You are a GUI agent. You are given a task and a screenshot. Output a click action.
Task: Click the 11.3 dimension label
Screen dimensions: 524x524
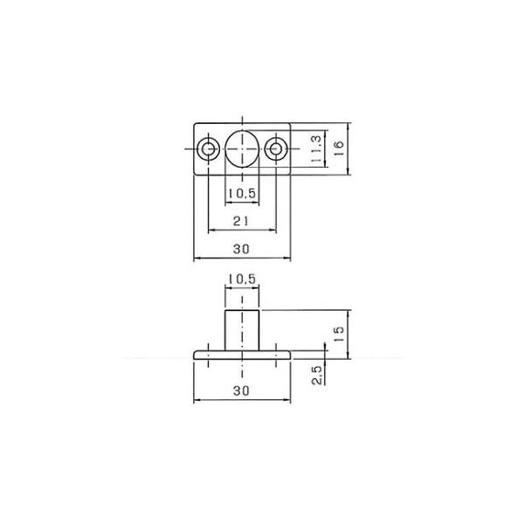pos(316,149)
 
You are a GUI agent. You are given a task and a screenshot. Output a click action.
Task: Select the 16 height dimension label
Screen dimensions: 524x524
pos(339,149)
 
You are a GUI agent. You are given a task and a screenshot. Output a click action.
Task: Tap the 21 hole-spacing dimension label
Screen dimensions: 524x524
pos(241,221)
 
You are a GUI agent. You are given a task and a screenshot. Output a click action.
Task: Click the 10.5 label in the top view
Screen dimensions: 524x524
pos(242,193)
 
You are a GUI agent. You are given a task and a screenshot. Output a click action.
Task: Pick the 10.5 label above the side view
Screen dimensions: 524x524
pos(242,279)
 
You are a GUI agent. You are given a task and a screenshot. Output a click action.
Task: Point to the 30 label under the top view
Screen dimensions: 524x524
pos(241,249)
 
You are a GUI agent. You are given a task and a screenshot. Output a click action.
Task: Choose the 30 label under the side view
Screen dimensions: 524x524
pos(241,390)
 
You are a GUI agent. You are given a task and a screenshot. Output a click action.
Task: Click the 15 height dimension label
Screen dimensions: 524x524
pos(339,334)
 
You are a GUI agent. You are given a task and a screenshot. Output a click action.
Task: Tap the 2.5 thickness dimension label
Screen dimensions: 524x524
pos(317,376)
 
